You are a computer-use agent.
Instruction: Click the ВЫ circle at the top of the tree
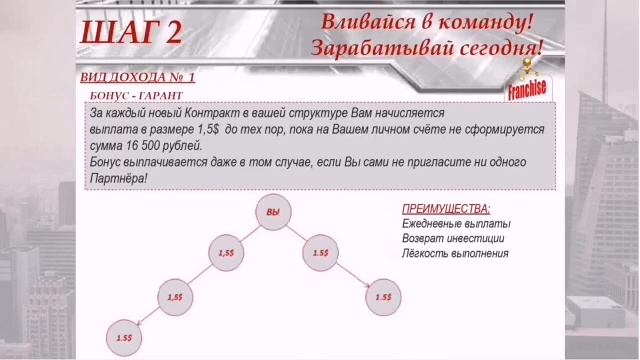pos(273,213)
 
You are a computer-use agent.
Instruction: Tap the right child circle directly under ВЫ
pos(321,253)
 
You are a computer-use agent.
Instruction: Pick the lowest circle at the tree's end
pos(126,338)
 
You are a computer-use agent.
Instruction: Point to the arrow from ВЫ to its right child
pos(297,233)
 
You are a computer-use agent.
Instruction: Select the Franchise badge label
pos(526,88)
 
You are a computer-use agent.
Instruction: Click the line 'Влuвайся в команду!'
pos(427,21)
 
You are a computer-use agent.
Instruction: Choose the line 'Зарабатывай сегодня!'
pos(427,46)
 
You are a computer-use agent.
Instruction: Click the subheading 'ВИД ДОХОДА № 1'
pos(137,77)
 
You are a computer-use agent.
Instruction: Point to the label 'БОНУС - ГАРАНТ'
pos(132,96)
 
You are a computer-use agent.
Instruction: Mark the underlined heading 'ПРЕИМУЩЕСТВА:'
pos(446,209)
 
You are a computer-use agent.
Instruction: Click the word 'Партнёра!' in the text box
pos(118,177)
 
